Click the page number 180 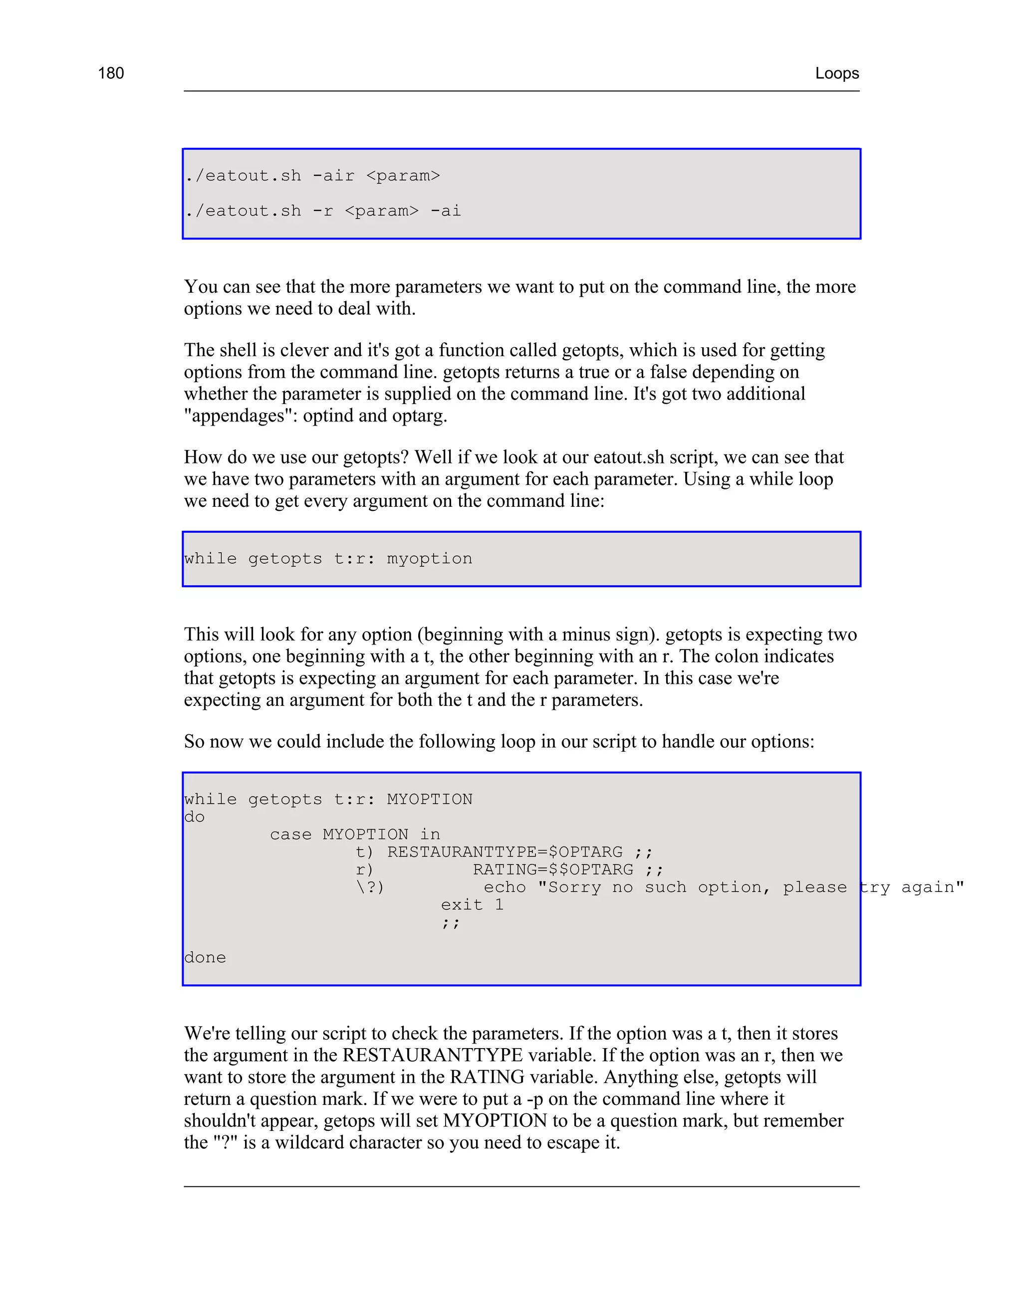pos(111,73)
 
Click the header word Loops pos(836,73)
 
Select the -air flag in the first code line pos(333,176)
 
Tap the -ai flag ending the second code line pos(445,211)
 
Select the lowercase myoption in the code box pos(429,559)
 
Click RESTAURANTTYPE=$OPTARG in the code pos(505,852)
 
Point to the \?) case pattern pos(370,887)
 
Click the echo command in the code pos(505,887)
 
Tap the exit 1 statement pos(472,905)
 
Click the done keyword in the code pos(205,957)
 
